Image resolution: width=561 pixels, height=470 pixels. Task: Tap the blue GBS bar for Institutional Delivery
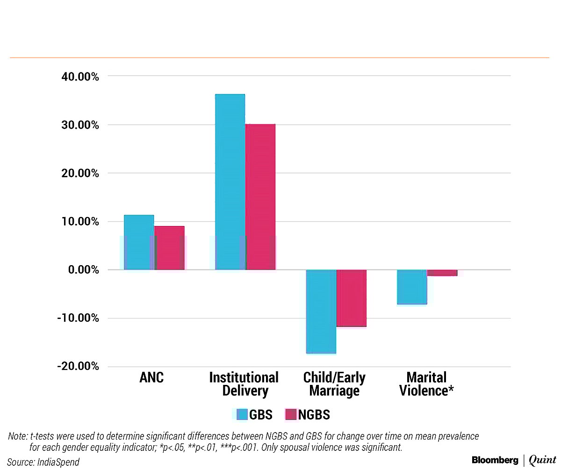230,182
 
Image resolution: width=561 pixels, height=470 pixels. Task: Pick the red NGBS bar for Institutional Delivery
260,197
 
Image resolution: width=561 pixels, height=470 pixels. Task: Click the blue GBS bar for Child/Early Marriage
321,311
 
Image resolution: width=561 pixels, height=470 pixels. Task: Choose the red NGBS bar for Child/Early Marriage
352,298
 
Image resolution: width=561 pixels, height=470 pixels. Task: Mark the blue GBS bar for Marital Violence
412,287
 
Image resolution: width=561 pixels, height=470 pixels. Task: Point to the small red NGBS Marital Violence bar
442,273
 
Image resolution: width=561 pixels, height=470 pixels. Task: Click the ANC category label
151,378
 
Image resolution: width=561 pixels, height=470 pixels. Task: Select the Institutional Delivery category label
244,384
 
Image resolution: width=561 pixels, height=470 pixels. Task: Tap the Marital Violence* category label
426,384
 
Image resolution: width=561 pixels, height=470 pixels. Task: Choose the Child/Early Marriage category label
334,384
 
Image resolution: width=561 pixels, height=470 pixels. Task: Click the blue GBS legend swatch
242,414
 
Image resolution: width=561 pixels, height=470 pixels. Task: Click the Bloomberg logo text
495,460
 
